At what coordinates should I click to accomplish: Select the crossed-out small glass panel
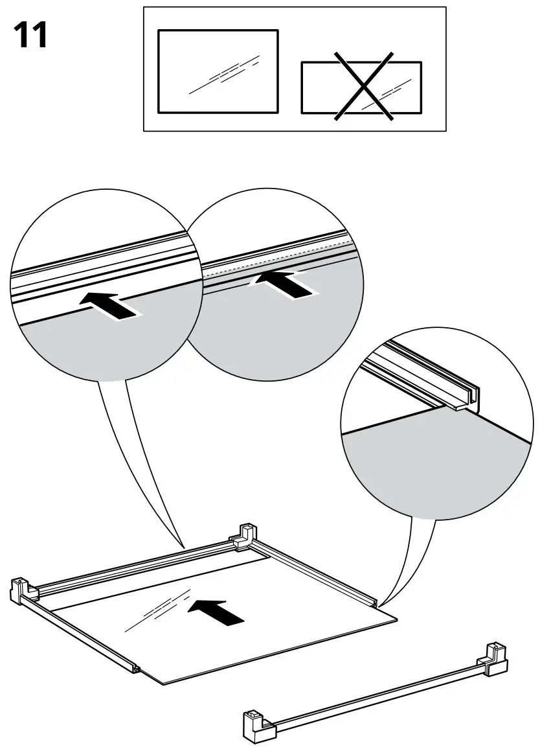[x=361, y=87]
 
